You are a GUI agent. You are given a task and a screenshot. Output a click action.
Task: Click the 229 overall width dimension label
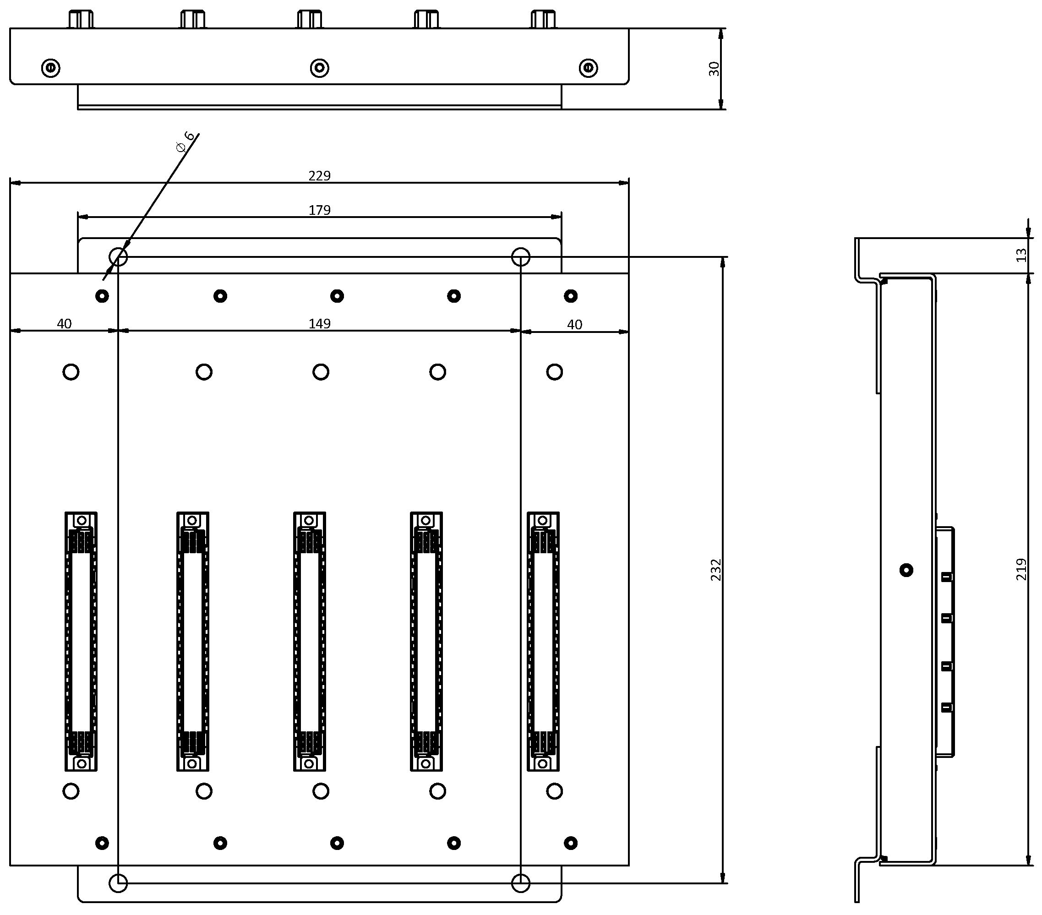coord(319,176)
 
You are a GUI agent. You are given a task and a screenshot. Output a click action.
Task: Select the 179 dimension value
coord(319,210)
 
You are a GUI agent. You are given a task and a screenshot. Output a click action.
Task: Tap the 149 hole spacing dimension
coord(319,324)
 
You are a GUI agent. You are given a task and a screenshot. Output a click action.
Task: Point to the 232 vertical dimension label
coord(716,570)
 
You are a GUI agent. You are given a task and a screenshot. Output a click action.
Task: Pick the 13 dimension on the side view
coord(1021,255)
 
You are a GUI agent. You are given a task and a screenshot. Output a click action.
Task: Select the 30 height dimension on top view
coord(714,69)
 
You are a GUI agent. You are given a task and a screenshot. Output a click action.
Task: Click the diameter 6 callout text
coord(185,142)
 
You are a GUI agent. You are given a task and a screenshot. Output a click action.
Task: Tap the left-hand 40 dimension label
coord(64,324)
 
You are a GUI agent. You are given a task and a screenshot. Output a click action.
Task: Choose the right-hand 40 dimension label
coord(574,325)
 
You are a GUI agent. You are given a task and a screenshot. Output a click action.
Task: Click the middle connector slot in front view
coord(310,641)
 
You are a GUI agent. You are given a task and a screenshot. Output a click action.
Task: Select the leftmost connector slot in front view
coord(81,641)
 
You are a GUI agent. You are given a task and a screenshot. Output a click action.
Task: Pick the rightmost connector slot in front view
coord(543,641)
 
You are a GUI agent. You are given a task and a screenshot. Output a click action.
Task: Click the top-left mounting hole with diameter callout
coord(118,256)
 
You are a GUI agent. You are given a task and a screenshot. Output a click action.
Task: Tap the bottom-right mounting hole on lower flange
coord(520,883)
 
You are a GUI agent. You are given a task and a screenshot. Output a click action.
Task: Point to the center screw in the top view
coord(320,68)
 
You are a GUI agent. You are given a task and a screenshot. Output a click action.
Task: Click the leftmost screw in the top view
coord(50,68)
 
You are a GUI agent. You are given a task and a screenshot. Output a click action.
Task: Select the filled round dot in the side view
coord(906,570)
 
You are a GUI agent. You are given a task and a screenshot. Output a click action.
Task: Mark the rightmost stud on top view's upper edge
coord(543,19)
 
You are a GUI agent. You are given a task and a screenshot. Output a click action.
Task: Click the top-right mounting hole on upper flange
coord(520,256)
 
